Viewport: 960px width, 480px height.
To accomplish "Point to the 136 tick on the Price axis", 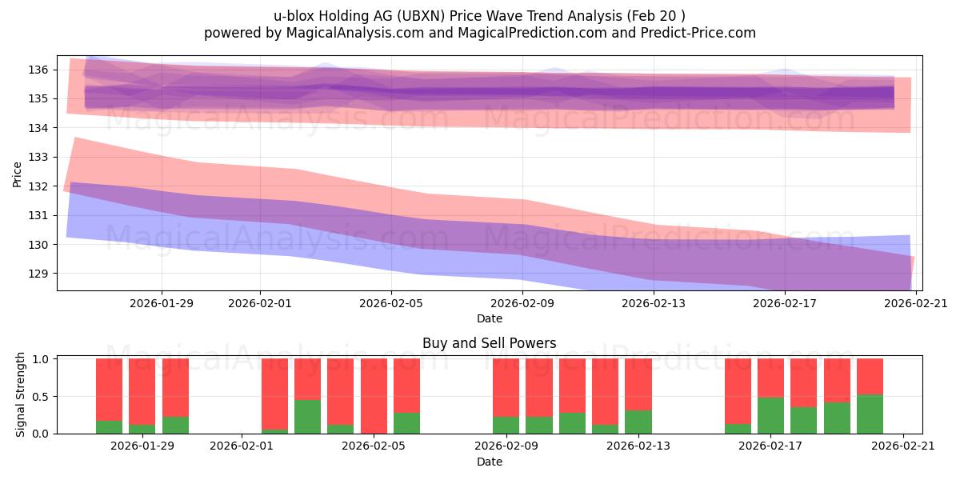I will [x=41, y=70].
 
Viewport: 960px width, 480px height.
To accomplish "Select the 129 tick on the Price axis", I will [x=41, y=274].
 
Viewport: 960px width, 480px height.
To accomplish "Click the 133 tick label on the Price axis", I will [x=41, y=157].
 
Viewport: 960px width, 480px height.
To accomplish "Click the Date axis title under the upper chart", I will [x=490, y=318].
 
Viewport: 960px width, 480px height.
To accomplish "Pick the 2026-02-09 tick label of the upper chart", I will [x=522, y=302].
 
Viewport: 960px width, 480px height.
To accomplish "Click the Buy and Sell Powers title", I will [x=490, y=343].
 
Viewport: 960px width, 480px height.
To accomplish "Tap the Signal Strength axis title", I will [x=21, y=395].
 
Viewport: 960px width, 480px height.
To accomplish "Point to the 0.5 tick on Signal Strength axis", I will [x=41, y=396].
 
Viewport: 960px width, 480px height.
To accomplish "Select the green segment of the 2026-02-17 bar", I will [x=770, y=415].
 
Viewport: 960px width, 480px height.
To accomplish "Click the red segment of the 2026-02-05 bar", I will [x=374, y=396].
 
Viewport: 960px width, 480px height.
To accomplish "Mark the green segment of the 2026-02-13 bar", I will [x=638, y=422].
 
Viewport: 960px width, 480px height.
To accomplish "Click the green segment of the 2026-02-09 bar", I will [x=506, y=425].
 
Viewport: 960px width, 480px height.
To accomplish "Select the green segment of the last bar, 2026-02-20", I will [x=870, y=414].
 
